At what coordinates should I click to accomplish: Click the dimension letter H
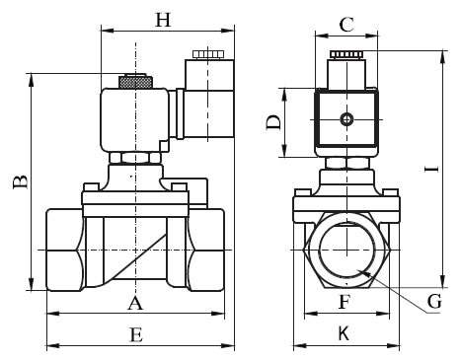tap(163, 20)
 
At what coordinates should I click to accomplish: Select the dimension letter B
tap(21, 181)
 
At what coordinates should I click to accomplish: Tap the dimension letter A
tap(135, 303)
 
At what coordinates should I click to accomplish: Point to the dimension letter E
tap(136, 335)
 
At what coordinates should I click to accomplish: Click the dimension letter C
tap(346, 25)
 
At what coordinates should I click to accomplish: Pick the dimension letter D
tap(273, 122)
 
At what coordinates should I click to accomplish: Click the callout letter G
tap(434, 301)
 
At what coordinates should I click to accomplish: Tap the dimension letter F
tap(345, 302)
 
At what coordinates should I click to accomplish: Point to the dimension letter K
tap(344, 334)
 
